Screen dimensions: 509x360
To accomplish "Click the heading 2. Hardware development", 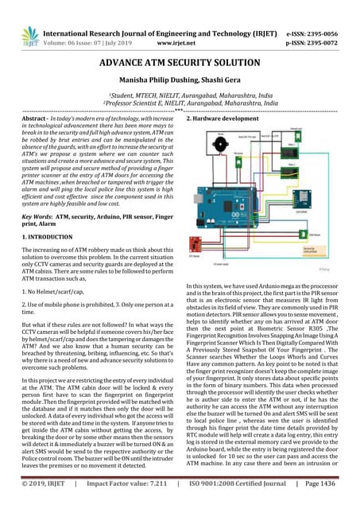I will click(222, 118).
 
